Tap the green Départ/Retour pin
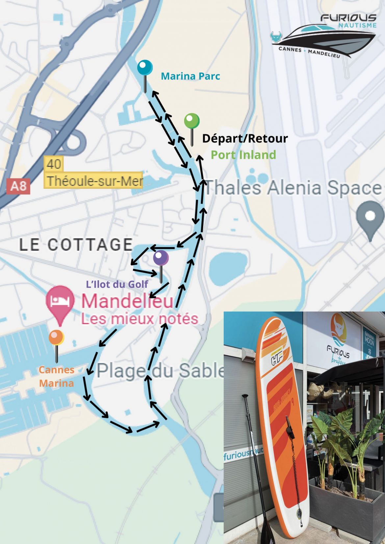click(192, 121)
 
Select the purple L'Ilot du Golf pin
click(161, 258)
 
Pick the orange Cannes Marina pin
click(56, 338)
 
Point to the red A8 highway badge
click(18, 186)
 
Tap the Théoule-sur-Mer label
click(94, 181)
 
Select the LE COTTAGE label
click(76, 245)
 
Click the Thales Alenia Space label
click(293, 188)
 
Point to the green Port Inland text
click(243, 155)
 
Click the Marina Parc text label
click(191, 76)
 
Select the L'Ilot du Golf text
click(117, 284)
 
